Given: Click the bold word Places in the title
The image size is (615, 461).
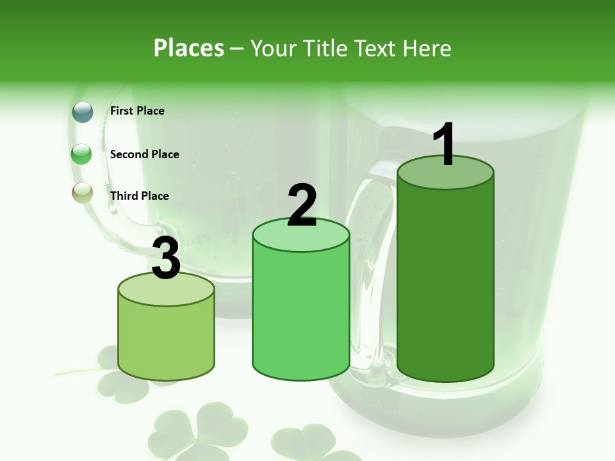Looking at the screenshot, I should pos(188,48).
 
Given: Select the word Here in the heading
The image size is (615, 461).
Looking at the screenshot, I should pos(428,48).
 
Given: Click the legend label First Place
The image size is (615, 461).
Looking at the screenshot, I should pos(137,111).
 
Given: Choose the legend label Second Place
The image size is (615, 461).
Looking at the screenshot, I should pos(144,154).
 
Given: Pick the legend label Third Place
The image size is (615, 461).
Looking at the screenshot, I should pos(139,196).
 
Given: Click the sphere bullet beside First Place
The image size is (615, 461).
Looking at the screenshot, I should pos(83,111).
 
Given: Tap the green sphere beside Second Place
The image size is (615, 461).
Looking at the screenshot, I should pos(82,154).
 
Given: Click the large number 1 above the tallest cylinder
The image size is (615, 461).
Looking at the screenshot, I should pos(445,145).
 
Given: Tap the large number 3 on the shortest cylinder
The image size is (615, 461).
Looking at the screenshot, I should pos(166,258).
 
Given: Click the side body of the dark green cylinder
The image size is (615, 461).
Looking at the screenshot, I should pos(445,282).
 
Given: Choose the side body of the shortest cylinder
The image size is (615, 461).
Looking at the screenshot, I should pos(166,339).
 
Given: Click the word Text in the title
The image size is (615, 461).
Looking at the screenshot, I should pos(380,48).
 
